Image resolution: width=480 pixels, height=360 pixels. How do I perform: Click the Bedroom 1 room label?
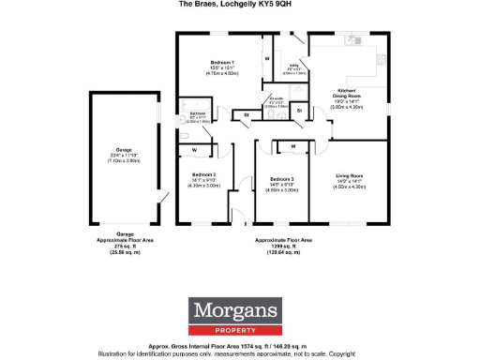click(x=221, y=62)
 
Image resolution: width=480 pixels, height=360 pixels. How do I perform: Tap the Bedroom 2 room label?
click(x=204, y=174)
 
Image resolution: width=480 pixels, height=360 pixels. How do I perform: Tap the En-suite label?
click(x=277, y=97)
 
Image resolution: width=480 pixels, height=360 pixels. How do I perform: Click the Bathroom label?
click(x=198, y=112)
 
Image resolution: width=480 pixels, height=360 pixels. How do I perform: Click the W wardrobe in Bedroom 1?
click(x=266, y=59)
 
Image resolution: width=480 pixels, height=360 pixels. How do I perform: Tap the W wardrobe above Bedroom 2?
click(x=194, y=149)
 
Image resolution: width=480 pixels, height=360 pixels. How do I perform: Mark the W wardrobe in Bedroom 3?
click(x=293, y=146)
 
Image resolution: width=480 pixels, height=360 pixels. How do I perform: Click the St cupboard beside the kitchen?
click(x=299, y=111)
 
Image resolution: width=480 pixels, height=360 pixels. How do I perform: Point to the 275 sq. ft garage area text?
click(x=125, y=247)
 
